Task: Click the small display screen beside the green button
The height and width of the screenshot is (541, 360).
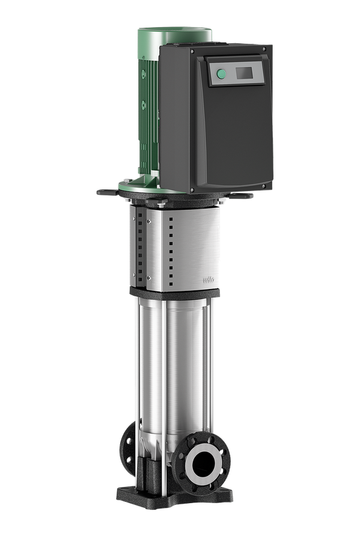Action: pos(244,73)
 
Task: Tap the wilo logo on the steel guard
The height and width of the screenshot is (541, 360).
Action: pos(209,279)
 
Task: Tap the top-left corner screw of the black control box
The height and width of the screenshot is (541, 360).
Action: pos(192,50)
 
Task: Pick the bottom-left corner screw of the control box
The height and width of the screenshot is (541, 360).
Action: pos(192,189)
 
